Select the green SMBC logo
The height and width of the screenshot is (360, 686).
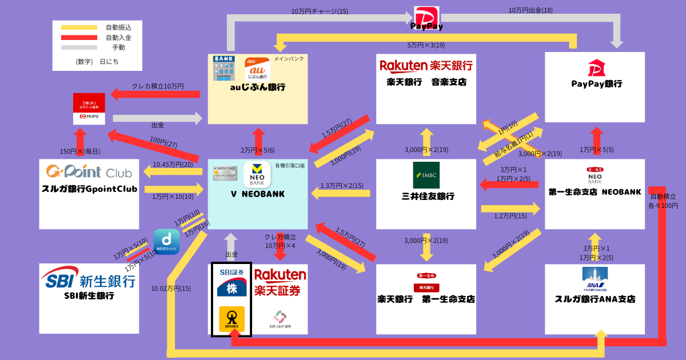click(x=426, y=175)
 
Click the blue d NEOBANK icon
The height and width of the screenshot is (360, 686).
click(x=166, y=242)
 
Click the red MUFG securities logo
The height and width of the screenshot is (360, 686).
click(x=89, y=109)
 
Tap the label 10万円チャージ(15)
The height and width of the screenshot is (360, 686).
click(x=320, y=11)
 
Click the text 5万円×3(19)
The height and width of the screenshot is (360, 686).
click(x=426, y=45)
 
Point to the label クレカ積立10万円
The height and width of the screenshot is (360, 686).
click(x=158, y=86)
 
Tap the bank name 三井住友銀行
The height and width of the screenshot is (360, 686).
click(x=426, y=197)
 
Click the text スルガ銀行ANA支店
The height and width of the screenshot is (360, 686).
click(x=595, y=299)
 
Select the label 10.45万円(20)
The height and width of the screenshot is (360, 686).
click(x=173, y=165)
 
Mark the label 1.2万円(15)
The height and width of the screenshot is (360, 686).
click(x=510, y=216)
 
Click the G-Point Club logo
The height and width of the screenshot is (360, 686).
click(x=89, y=171)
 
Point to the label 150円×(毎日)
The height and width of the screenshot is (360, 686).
click(x=80, y=151)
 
